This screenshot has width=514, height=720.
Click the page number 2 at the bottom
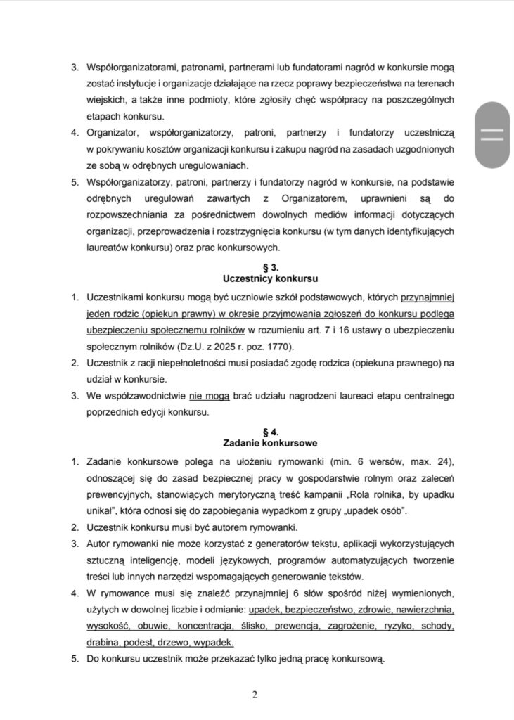tap(255, 695)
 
